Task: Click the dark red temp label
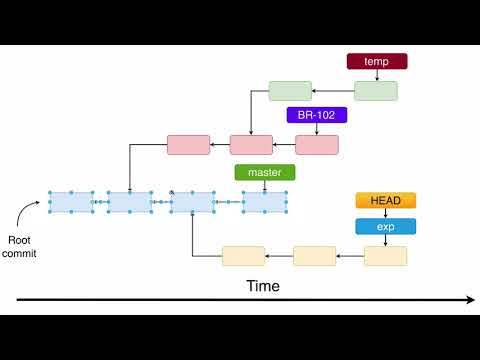376,61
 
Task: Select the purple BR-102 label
316,115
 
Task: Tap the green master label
265,172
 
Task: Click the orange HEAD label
385,201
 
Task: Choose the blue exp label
385,226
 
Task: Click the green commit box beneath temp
376,91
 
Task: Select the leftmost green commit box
290,91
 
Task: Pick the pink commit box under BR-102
317,144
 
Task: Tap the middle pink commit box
251,144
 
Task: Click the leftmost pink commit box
188,144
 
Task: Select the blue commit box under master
265,202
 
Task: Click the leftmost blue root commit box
71,202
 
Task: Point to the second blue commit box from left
130,202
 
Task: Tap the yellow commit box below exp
386,255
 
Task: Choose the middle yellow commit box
314,255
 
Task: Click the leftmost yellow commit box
243,255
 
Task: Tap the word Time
263,286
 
